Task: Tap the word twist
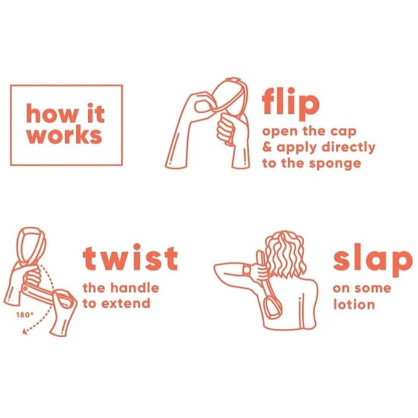131,257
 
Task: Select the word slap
372,260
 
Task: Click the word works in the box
64,135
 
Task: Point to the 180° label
25,315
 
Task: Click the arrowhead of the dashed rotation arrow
25,332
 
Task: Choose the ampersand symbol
267,147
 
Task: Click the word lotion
354,304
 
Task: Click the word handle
135,288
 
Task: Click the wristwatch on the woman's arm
247,270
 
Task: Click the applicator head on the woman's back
271,308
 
